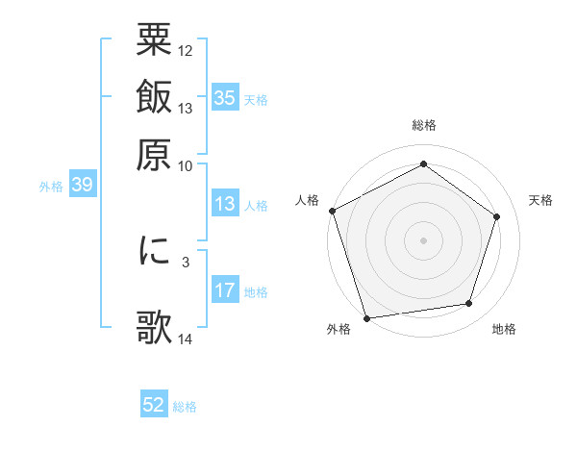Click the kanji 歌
click(154, 327)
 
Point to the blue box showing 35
click(225, 98)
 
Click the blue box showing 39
click(82, 185)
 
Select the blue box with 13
click(225, 204)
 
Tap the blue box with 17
click(225, 290)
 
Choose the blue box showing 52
click(154, 405)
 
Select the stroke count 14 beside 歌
click(186, 338)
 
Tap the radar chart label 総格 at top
click(423, 126)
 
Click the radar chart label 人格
click(308, 200)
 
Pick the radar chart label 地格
click(504, 330)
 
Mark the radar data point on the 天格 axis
click(497, 216)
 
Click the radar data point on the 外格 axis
click(366, 318)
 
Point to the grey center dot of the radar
click(423, 239)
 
